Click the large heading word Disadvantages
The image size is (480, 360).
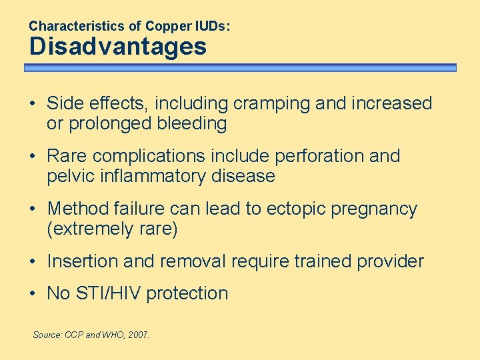(x=117, y=47)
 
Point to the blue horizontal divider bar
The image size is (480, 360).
(x=240, y=67)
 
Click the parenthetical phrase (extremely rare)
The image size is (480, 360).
(x=113, y=229)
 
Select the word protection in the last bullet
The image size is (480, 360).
(x=187, y=293)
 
